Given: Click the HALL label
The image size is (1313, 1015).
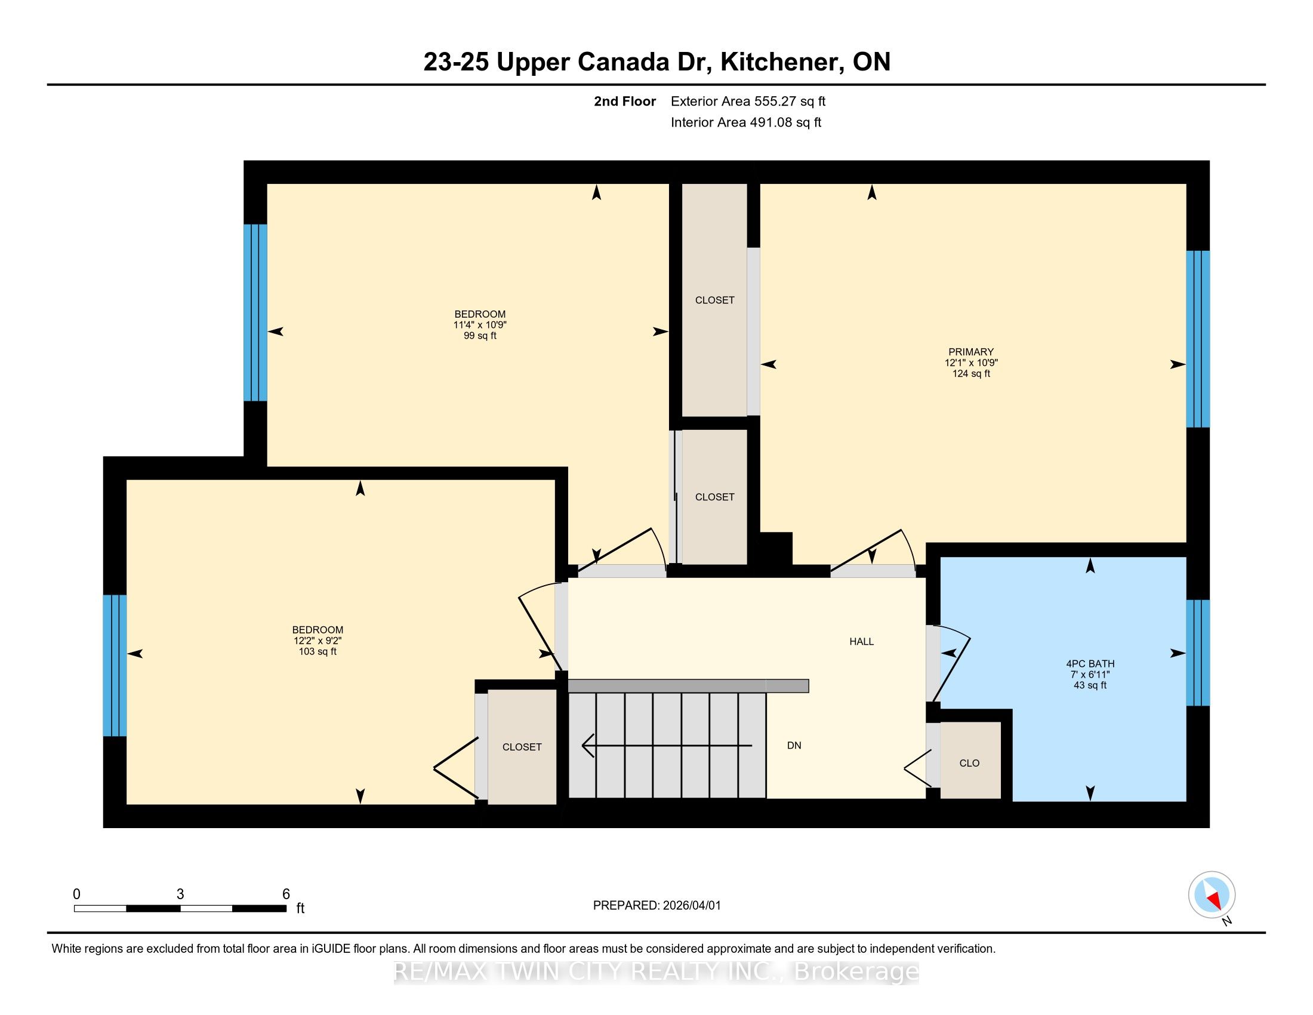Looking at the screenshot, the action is pyautogui.click(x=861, y=642).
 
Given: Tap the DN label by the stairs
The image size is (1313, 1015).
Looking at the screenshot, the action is pyautogui.click(x=794, y=746).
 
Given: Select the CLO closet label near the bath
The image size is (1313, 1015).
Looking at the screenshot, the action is pyautogui.click(x=969, y=763).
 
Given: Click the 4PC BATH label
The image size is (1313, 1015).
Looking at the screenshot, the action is pyautogui.click(x=1090, y=664).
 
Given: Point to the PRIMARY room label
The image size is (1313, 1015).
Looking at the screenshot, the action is pyautogui.click(x=971, y=352).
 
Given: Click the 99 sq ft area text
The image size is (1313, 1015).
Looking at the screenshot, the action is pyautogui.click(x=480, y=336).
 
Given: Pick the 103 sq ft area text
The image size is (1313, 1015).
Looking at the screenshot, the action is pyautogui.click(x=318, y=651).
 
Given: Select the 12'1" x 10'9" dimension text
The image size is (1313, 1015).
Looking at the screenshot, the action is pyautogui.click(x=971, y=362).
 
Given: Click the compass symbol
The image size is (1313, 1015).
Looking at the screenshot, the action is pyautogui.click(x=1212, y=894).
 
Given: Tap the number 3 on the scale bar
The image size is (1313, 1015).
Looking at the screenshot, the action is pyautogui.click(x=180, y=894).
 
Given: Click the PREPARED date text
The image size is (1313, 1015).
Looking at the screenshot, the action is pyautogui.click(x=656, y=906).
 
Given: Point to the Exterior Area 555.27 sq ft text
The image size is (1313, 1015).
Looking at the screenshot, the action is pyautogui.click(x=748, y=101).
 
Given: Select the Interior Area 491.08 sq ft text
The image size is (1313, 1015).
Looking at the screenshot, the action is pyautogui.click(x=745, y=122).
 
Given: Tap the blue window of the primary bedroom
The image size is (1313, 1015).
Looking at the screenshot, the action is pyautogui.click(x=1198, y=339).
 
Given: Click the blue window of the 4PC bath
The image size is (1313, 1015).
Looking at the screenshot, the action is pyautogui.click(x=1198, y=653).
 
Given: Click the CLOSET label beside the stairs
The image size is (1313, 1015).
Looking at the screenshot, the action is pyautogui.click(x=522, y=747).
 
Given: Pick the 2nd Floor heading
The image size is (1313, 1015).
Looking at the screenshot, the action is pyautogui.click(x=625, y=101).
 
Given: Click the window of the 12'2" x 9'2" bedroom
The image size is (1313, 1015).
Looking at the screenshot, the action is pyautogui.click(x=115, y=666).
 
